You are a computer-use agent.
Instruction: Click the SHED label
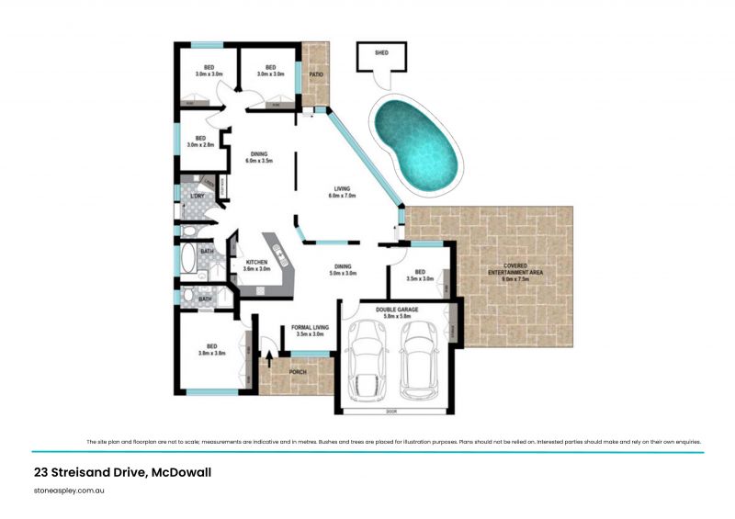coord(381,53)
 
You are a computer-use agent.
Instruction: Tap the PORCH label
coord(298,372)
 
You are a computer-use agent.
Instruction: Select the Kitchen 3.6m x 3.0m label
coord(256,266)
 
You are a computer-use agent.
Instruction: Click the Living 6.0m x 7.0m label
coord(343,194)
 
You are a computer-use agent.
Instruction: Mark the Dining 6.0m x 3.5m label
coord(257,157)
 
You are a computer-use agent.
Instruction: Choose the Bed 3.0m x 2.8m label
coord(199,141)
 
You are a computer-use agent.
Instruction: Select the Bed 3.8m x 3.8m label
coord(212,350)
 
